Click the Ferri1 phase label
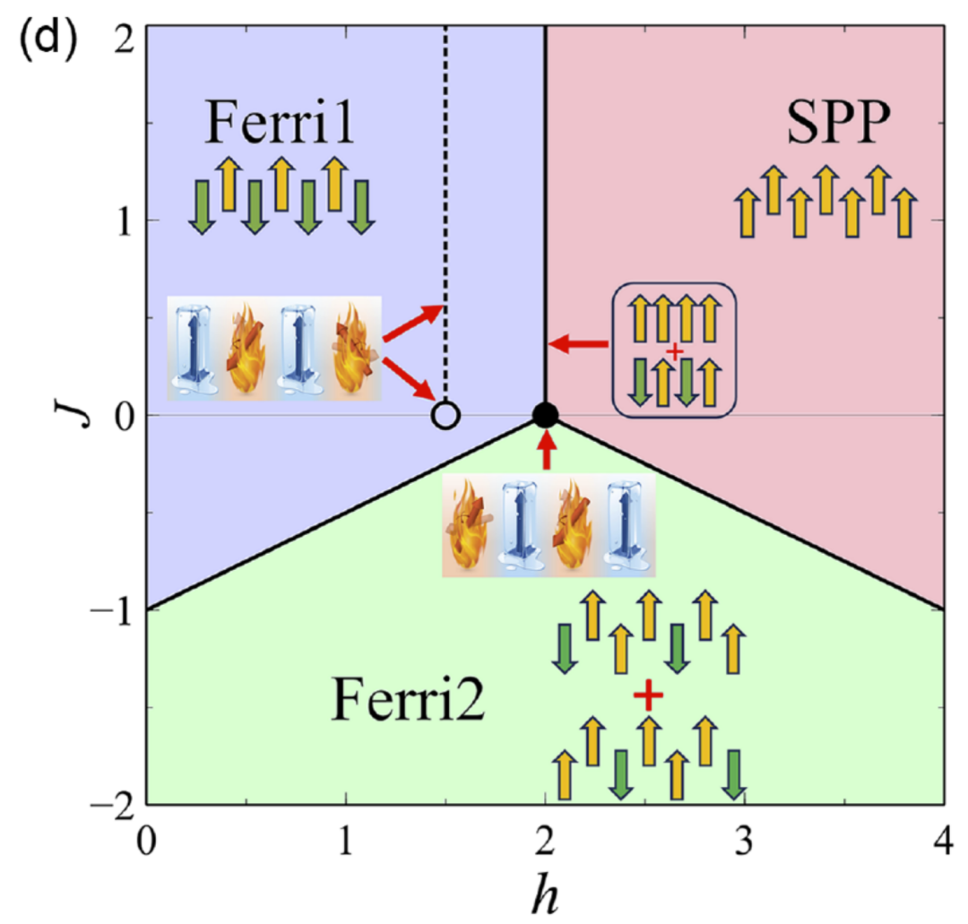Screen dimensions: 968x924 279,122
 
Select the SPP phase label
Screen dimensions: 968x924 838,122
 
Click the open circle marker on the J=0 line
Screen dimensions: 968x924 445,416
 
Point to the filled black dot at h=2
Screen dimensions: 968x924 545,415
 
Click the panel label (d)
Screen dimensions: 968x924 48,40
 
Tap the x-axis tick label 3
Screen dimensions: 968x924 744,840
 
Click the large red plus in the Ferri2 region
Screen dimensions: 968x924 648,695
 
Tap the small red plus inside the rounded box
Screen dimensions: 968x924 675,352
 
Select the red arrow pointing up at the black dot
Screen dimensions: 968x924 546,451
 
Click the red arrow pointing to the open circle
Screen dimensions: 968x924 410,379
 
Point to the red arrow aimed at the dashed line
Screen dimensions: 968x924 413,323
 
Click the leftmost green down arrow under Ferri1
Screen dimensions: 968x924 201,207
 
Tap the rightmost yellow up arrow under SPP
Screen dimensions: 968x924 904,213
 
